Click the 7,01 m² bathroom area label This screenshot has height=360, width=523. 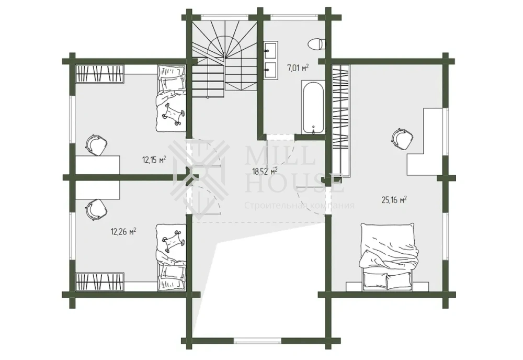pyautogui.click(x=298, y=68)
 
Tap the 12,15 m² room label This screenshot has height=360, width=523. pyautogui.click(x=154, y=160)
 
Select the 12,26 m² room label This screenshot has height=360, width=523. pyautogui.click(x=123, y=231)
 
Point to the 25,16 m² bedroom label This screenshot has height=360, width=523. pyautogui.click(x=394, y=200)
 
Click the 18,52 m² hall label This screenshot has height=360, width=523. pyautogui.click(x=265, y=172)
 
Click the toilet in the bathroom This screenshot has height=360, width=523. pyautogui.click(x=315, y=44)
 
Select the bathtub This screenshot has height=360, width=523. pyautogui.click(x=313, y=107)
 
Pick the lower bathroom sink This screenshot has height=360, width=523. pyautogui.click(x=271, y=70)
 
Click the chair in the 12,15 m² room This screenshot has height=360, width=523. pyautogui.click(x=96, y=145)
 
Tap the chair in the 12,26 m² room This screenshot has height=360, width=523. pyautogui.click(x=96, y=209)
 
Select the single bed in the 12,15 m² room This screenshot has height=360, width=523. pyautogui.click(x=171, y=98)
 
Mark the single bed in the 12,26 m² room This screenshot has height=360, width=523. pyautogui.click(x=171, y=257)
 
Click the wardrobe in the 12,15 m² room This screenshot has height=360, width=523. pyautogui.click(x=100, y=74)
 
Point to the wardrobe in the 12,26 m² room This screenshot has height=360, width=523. pyautogui.click(x=100, y=282)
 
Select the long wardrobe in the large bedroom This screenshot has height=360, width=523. pyautogui.click(x=340, y=120)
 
